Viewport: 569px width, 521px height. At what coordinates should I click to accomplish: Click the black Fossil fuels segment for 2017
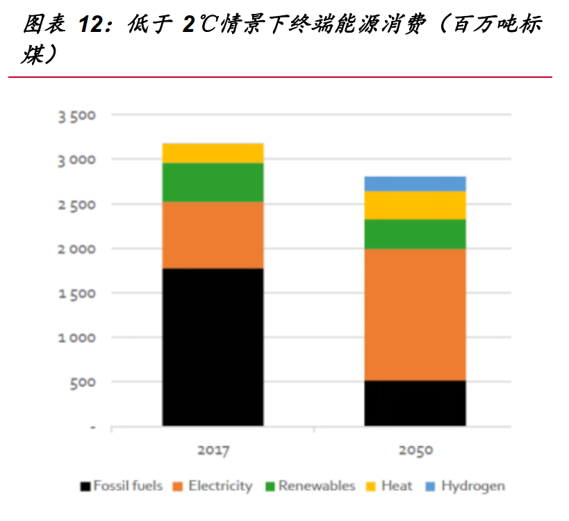coord(213,346)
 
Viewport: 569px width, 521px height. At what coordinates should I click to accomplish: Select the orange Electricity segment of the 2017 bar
coord(213,235)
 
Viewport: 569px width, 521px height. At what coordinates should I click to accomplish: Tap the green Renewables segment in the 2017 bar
coord(213,182)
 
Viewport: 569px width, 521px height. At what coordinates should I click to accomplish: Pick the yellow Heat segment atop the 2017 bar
coord(213,153)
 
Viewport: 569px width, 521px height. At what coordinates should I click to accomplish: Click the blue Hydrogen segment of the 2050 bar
coord(415,183)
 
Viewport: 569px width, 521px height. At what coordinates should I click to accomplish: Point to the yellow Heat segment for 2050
coord(415,205)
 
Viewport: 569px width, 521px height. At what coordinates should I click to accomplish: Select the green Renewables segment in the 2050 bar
coord(415,234)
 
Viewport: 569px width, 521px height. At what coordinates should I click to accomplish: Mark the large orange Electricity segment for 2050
coord(415,314)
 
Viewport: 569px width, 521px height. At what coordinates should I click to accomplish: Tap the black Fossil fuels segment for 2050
coord(415,403)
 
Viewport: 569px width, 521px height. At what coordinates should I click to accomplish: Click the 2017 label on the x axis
coord(213,450)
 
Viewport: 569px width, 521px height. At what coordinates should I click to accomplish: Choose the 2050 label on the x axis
coord(415,450)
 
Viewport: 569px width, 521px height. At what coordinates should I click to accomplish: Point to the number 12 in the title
coord(92,26)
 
